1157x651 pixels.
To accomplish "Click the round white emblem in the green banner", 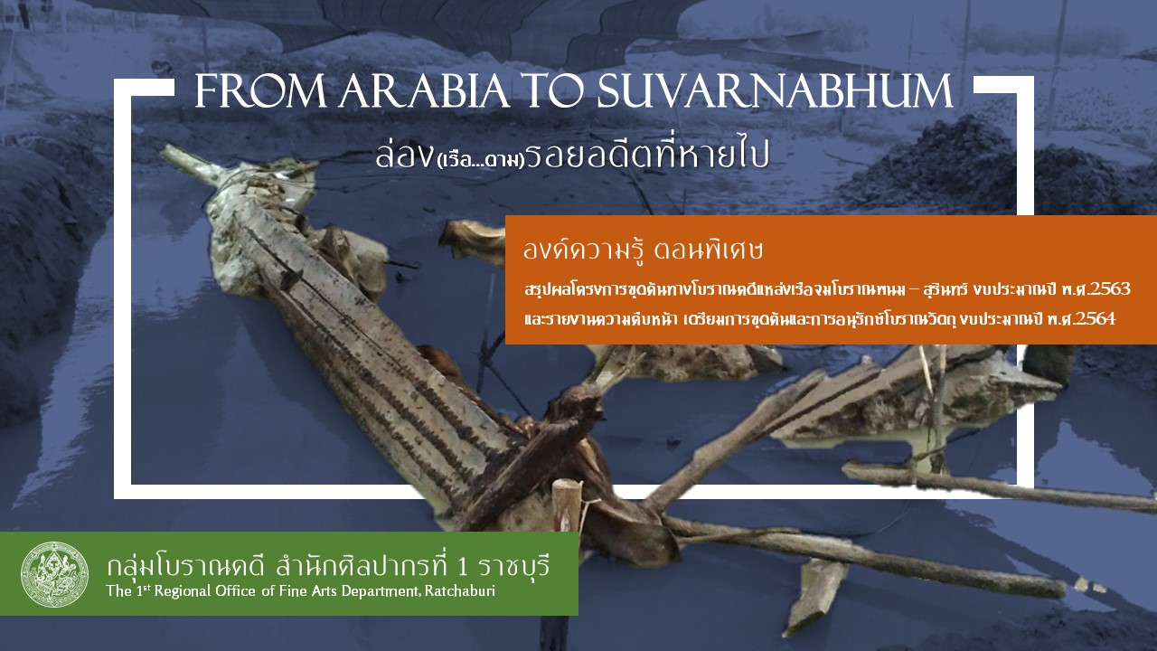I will tap(54, 574).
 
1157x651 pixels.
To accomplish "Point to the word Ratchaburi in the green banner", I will tap(461, 591).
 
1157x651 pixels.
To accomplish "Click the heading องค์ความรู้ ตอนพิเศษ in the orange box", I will tap(644, 250).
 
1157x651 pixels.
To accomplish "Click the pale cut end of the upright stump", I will tap(567, 489).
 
